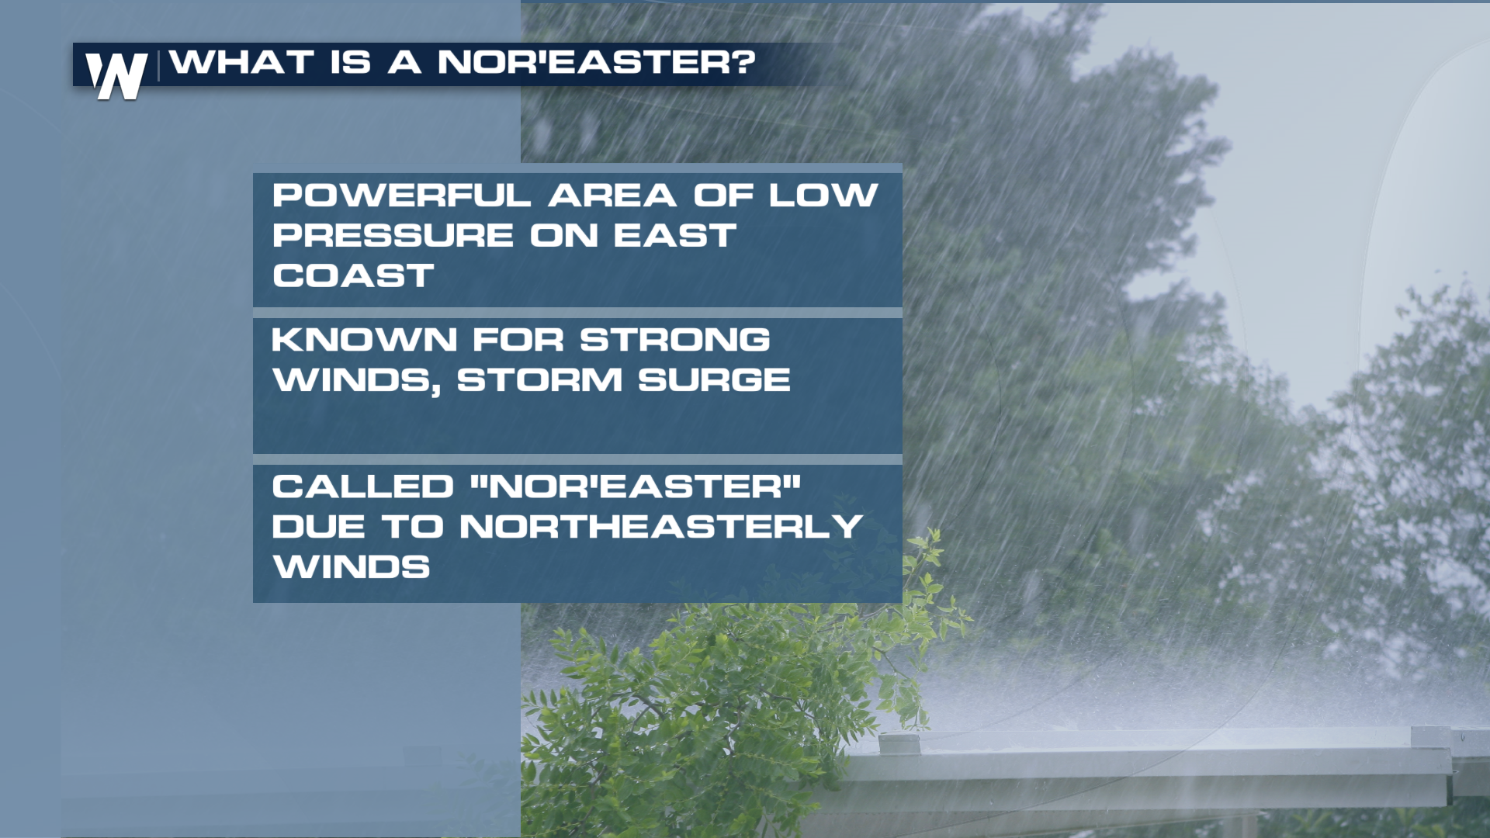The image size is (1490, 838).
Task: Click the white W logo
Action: click(116, 76)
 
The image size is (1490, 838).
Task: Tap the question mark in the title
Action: click(746, 62)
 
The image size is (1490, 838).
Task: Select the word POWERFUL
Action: click(401, 196)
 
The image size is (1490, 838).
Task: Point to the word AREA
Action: click(612, 196)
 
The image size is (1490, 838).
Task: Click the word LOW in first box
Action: click(823, 196)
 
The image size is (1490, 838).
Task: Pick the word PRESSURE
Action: click(393, 236)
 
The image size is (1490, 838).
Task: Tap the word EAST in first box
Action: click(675, 236)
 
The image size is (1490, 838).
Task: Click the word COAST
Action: click(353, 276)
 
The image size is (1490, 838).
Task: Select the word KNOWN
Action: click(364, 340)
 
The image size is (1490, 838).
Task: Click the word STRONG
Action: click(675, 340)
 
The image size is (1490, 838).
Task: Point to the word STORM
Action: click(540, 380)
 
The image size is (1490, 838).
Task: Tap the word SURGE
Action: click(714, 380)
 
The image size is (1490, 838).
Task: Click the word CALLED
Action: click(362, 487)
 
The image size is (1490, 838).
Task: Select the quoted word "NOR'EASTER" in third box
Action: click(636, 487)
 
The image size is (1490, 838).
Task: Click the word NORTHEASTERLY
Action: click(661, 527)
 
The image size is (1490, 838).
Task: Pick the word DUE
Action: click(318, 527)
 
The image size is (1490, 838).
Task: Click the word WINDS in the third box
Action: click(351, 567)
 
